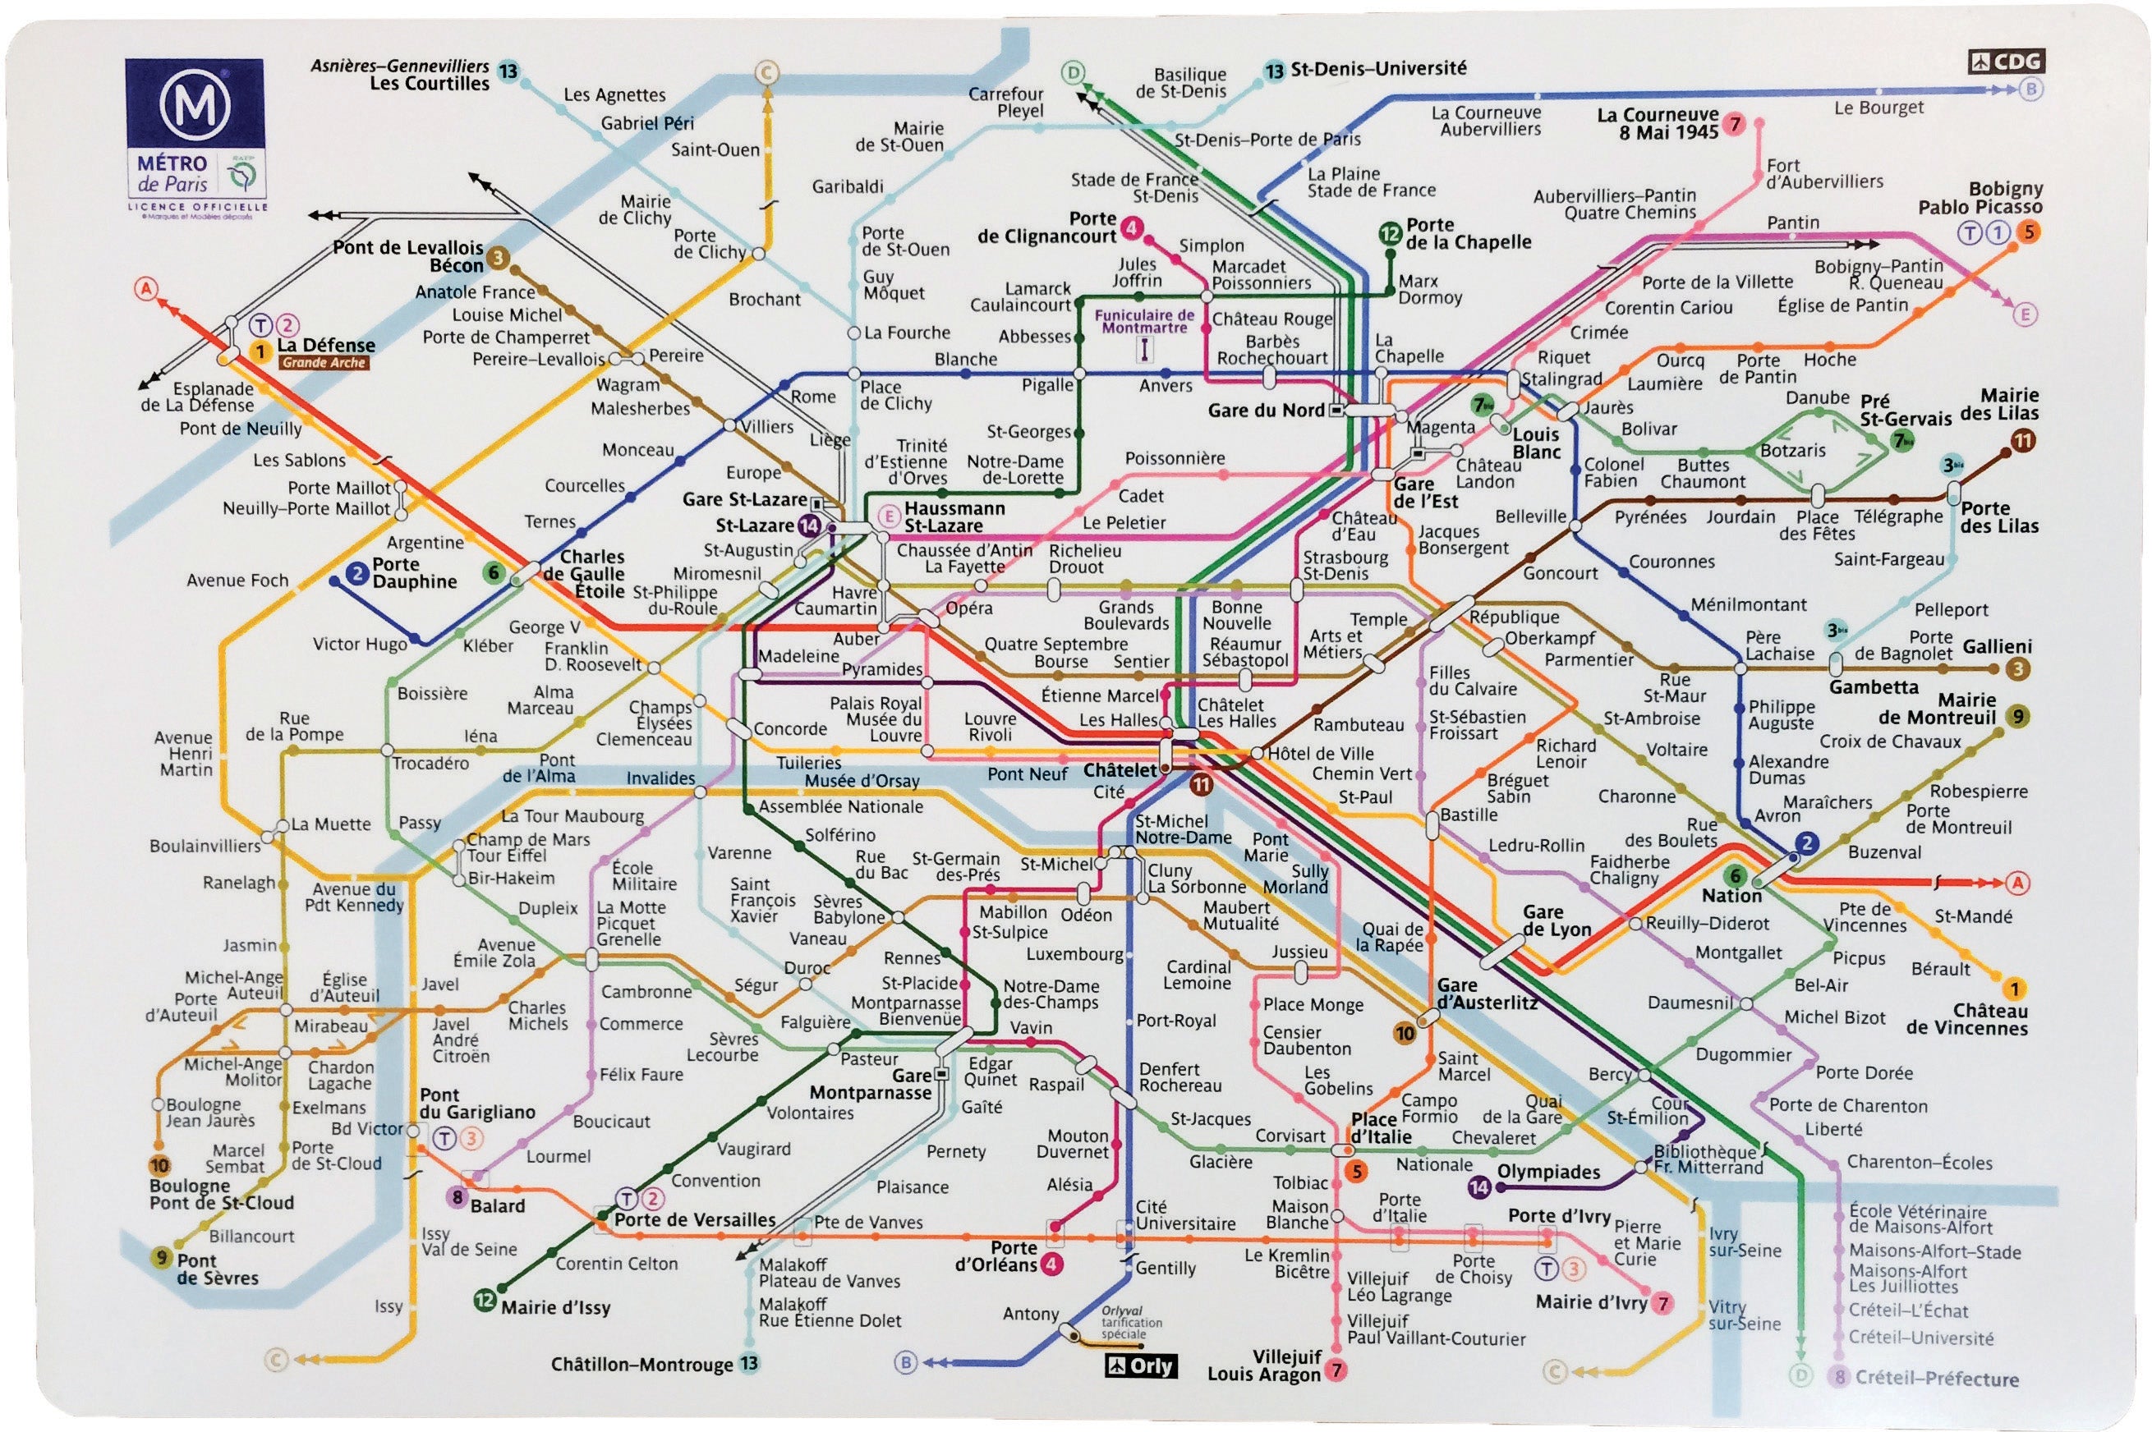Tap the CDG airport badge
2006,62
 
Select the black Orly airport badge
1141,1366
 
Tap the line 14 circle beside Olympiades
1478,1186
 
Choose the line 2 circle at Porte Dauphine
357,572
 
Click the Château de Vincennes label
1966,1019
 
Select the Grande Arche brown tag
324,363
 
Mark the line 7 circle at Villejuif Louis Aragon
1336,1369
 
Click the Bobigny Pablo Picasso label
1980,197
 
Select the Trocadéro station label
430,763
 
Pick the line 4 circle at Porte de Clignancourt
1132,227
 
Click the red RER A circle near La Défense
146,288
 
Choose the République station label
1514,617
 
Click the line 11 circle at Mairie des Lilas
2022,441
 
